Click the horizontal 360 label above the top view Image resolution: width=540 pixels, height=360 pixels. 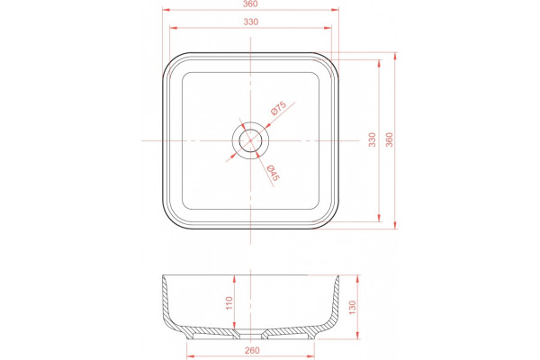pyautogui.click(x=250, y=4)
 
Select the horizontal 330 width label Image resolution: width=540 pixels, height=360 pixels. pyautogui.click(x=251, y=22)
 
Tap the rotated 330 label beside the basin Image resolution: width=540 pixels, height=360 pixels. pyautogui.click(x=373, y=139)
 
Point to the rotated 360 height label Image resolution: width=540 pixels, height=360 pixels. pyautogui.click(x=389, y=139)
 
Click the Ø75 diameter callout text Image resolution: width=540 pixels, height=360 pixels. pyautogui.click(x=279, y=108)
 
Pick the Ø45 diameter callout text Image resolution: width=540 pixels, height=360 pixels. pyautogui.click(x=274, y=173)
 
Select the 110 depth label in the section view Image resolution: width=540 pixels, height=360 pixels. pyautogui.click(x=229, y=302)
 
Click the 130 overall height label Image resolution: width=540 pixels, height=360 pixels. pyautogui.click(x=352, y=307)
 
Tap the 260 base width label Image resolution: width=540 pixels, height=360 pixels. pyautogui.click(x=252, y=351)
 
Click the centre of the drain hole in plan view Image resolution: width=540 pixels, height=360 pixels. pyautogui.click(x=250, y=140)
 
